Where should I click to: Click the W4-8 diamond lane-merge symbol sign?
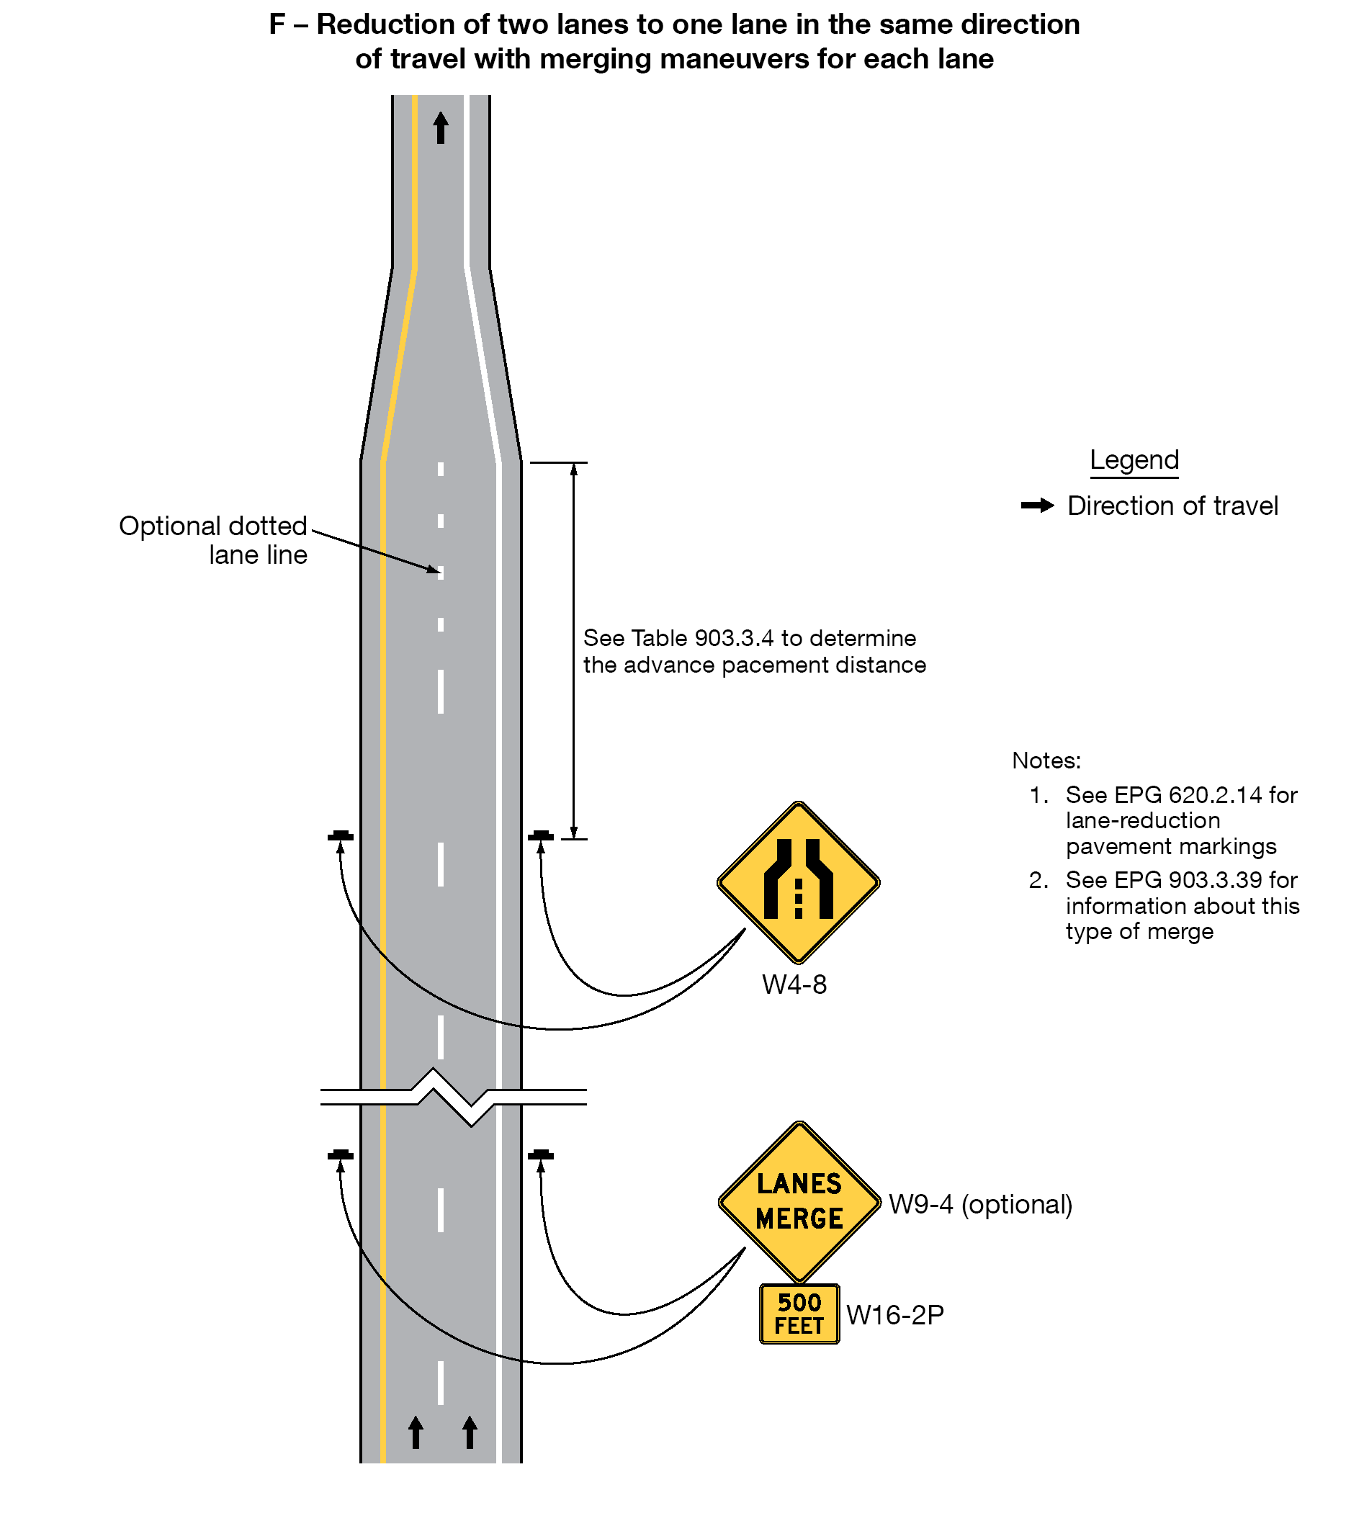[798, 882]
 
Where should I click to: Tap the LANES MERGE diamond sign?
[799, 1202]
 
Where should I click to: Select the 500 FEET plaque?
[799, 1314]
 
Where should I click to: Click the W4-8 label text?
[794, 985]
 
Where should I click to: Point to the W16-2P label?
[895, 1315]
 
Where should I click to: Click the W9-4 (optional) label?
[980, 1204]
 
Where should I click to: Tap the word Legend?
[1134, 460]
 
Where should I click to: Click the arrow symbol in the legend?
[1037, 506]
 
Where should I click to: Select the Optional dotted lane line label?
[214, 540]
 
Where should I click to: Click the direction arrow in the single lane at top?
[441, 127]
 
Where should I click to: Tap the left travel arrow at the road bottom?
[416, 1432]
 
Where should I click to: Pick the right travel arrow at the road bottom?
[470, 1432]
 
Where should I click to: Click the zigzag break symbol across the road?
[453, 1097]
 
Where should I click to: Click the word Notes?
[1046, 760]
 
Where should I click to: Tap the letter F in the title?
[277, 24]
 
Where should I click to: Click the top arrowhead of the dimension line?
[574, 469]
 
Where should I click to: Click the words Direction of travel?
[1172, 506]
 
